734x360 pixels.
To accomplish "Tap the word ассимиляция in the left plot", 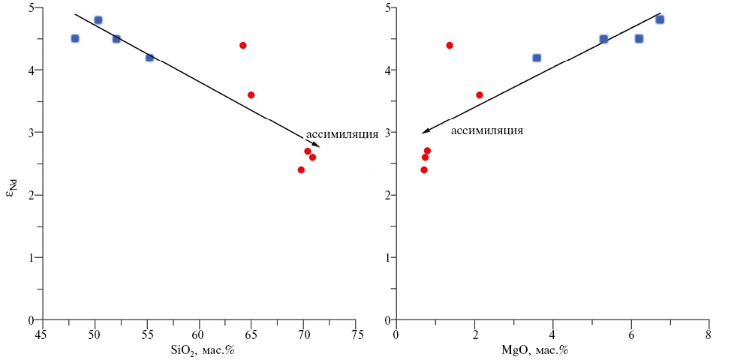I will [341, 135].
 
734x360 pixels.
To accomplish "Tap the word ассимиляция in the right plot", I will [486, 130].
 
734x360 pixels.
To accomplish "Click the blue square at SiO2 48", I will [75, 38].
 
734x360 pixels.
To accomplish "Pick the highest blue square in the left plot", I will [98, 20].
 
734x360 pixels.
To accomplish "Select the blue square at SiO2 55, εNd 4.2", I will [149, 57].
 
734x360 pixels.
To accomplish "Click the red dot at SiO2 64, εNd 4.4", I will [243, 45].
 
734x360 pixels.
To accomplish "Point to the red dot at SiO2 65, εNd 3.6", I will [251, 95].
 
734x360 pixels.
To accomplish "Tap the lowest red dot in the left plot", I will [301, 169].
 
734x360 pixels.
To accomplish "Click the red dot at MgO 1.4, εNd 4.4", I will [450, 45].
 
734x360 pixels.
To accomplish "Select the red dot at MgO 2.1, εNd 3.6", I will [480, 95].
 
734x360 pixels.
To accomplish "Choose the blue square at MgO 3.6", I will [537, 58].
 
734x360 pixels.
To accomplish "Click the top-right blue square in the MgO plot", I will [660, 19].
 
